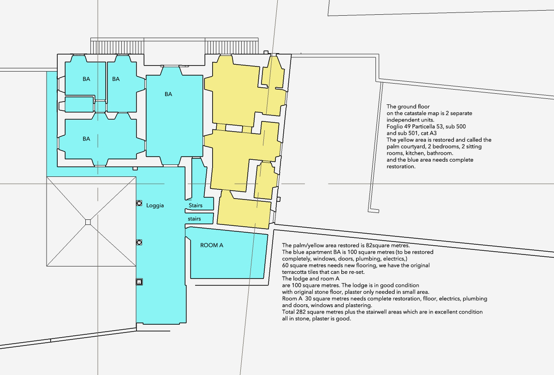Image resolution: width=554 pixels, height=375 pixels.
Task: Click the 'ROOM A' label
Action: point(212,245)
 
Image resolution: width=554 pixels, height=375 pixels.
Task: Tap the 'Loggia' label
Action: point(155,206)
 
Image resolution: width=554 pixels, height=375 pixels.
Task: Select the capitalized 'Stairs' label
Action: point(196,206)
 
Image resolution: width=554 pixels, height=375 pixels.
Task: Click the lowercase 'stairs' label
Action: point(194,219)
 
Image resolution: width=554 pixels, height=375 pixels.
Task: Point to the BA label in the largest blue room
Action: point(168,94)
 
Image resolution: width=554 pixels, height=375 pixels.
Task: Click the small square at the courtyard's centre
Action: point(88,222)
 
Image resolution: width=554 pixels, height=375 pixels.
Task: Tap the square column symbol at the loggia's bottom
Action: point(139,282)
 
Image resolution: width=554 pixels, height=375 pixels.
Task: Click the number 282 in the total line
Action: point(301,312)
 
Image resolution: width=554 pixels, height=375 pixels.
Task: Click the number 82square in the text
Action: point(378,246)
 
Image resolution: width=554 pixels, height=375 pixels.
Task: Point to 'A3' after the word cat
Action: point(433,133)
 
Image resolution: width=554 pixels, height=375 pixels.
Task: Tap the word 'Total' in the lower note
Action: point(288,312)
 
